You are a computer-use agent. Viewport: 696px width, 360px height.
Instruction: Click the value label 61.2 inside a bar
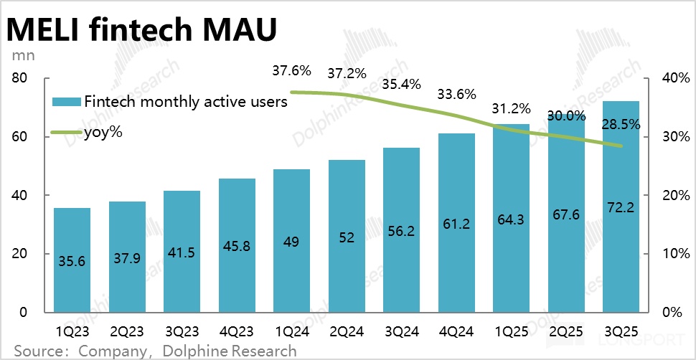pyautogui.click(x=456, y=224)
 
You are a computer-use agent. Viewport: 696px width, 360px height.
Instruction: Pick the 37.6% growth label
pyautogui.click(x=291, y=70)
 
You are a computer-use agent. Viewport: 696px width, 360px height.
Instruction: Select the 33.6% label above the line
pyautogui.click(x=456, y=94)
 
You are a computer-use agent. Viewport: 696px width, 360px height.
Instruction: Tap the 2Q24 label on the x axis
pyautogui.click(x=346, y=332)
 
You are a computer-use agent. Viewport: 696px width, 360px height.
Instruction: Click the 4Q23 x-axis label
pyautogui.click(x=236, y=332)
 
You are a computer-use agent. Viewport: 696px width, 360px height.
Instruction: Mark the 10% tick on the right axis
pyautogui.click(x=674, y=254)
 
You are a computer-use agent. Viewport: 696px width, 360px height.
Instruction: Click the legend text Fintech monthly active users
pyautogui.click(x=185, y=101)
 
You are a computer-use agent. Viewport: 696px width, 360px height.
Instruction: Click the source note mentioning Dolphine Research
pyautogui.click(x=155, y=351)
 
